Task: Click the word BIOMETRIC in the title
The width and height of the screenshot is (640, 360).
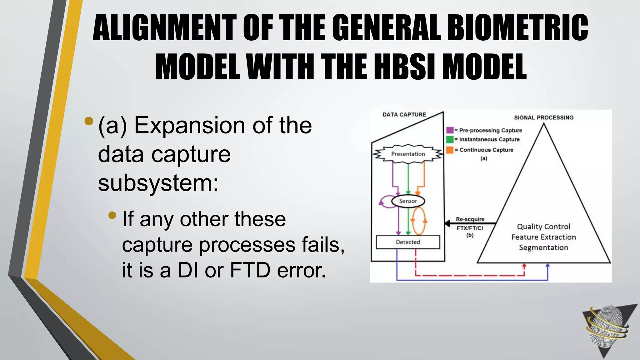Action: [x=517, y=28]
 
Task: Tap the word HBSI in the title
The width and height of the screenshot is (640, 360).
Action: [x=405, y=67]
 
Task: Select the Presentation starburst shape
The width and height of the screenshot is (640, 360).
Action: [x=408, y=154]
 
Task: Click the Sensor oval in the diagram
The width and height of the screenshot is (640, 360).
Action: [x=408, y=201]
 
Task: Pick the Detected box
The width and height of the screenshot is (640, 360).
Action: [x=408, y=242]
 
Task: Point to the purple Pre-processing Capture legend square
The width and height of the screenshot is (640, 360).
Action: [x=450, y=130]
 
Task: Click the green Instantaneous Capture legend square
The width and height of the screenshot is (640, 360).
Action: [x=450, y=139]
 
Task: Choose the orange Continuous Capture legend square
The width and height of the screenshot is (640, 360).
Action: [x=450, y=150]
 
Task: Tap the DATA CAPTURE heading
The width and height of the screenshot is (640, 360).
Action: [x=404, y=115]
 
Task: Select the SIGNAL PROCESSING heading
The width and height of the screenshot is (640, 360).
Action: [x=544, y=117]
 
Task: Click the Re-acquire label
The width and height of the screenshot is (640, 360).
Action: [x=470, y=219]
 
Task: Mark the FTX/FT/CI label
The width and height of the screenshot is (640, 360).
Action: [x=470, y=228]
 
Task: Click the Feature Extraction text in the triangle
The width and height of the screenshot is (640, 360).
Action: [x=543, y=237]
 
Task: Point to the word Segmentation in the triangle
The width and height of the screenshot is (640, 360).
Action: [x=543, y=247]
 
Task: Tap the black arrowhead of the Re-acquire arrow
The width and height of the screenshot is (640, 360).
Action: [x=447, y=223]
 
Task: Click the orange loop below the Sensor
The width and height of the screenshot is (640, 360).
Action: [x=419, y=221]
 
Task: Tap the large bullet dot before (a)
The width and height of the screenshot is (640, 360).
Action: [x=89, y=121]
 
